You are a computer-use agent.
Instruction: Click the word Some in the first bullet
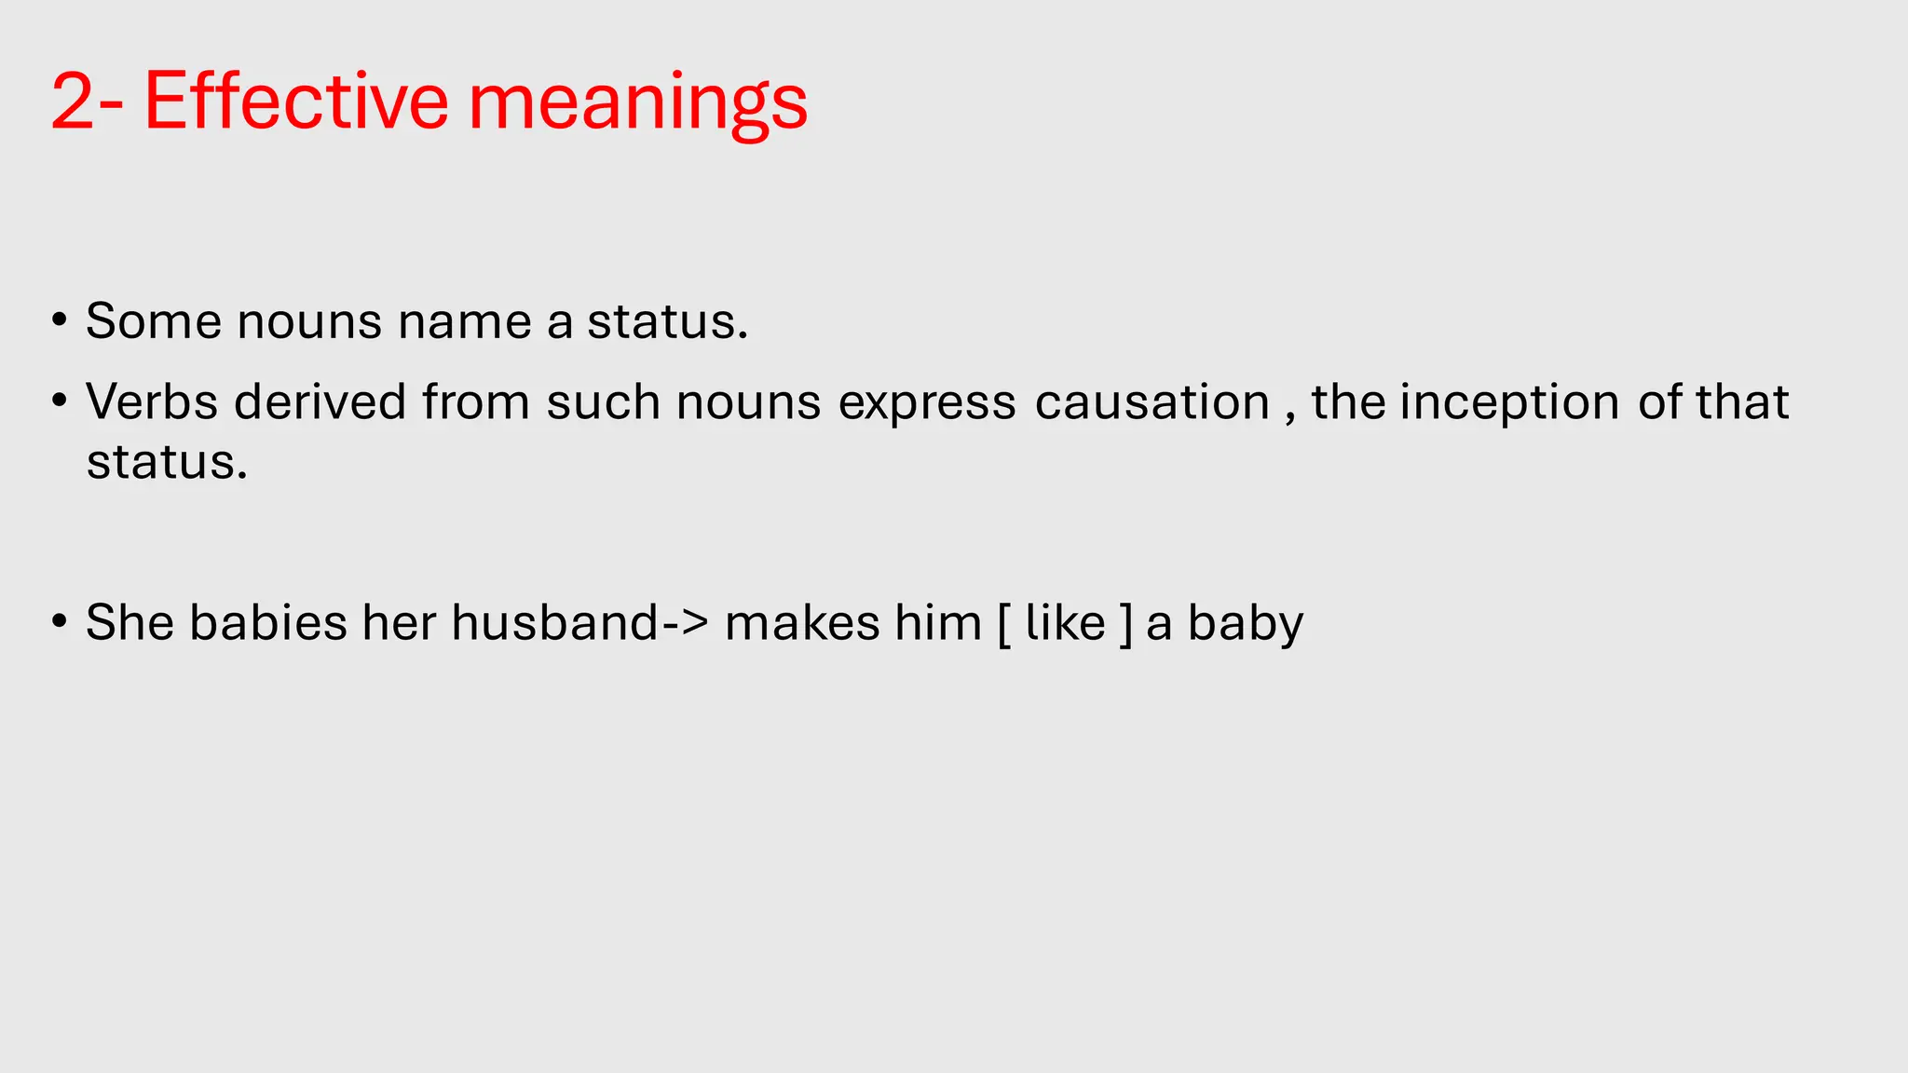(x=154, y=321)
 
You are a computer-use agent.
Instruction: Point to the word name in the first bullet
(x=464, y=321)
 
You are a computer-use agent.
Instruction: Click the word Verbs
(x=152, y=402)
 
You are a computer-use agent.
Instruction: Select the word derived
(x=320, y=402)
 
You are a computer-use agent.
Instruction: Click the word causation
(x=1152, y=402)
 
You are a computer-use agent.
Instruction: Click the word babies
(x=268, y=622)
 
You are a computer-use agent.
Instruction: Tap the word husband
(x=555, y=622)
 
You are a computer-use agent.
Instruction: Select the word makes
(x=802, y=622)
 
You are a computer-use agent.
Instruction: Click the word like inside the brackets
(x=1065, y=622)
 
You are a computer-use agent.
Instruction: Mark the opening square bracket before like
(x=1004, y=624)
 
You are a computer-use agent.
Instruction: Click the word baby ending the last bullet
(x=1245, y=624)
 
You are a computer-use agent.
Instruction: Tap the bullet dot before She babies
(x=60, y=620)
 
